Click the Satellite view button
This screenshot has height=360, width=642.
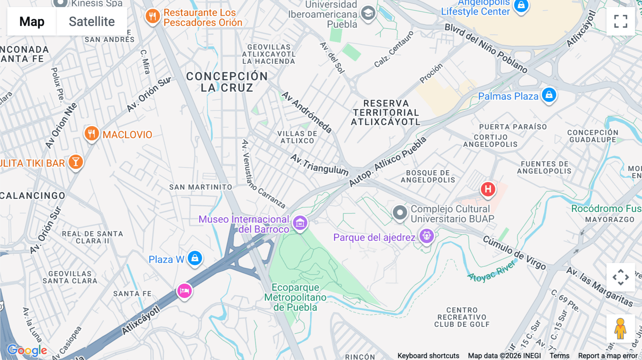[92, 21]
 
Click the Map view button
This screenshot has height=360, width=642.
[32, 21]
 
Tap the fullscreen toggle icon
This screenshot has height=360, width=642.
[621, 21]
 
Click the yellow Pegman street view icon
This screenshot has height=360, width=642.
[620, 328]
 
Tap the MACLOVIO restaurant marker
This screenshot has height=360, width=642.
[92, 134]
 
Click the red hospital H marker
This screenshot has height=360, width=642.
[488, 189]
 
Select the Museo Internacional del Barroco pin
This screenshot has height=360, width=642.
[300, 223]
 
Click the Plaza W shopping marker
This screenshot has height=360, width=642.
[195, 258]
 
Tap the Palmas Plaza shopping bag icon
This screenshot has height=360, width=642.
[549, 95]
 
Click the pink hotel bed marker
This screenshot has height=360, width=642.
[184, 291]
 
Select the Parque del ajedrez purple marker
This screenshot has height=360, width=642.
[427, 236]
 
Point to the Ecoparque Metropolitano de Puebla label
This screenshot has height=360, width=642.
[295, 297]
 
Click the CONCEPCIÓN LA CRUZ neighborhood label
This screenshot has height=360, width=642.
[227, 82]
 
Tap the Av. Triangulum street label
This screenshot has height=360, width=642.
[319, 165]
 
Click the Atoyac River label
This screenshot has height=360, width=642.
[491, 272]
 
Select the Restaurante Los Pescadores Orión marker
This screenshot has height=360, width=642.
[153, 16]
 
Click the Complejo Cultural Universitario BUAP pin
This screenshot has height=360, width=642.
[400, 213]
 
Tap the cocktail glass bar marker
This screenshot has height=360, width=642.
[76, 162]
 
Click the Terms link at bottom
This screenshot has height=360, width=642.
[559, 355]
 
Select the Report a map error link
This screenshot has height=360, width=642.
[607, 355]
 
